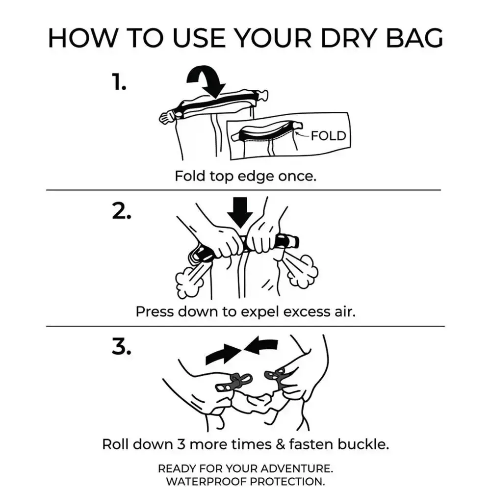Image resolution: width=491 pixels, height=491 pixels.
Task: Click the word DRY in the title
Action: click(x=348, y=38)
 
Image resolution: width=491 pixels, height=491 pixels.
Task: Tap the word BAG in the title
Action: click(x=414, y=38)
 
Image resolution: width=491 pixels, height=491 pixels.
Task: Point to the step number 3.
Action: click(x=122, y=347)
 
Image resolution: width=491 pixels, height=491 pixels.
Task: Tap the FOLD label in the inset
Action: click(x=329, y=136)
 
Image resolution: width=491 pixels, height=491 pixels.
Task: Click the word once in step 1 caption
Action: click(x=297, y=176)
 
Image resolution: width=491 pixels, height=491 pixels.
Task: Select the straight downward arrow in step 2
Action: click(x=240, y=213)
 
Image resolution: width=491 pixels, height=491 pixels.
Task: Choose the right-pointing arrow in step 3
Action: click(x=223, y=354)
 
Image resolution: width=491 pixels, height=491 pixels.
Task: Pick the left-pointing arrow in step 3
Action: click(x=261, y=345)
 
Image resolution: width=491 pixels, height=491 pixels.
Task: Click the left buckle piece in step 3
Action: click(x=233, y=383)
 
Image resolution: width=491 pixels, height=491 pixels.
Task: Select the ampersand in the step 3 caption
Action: click(x=281, y=444)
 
